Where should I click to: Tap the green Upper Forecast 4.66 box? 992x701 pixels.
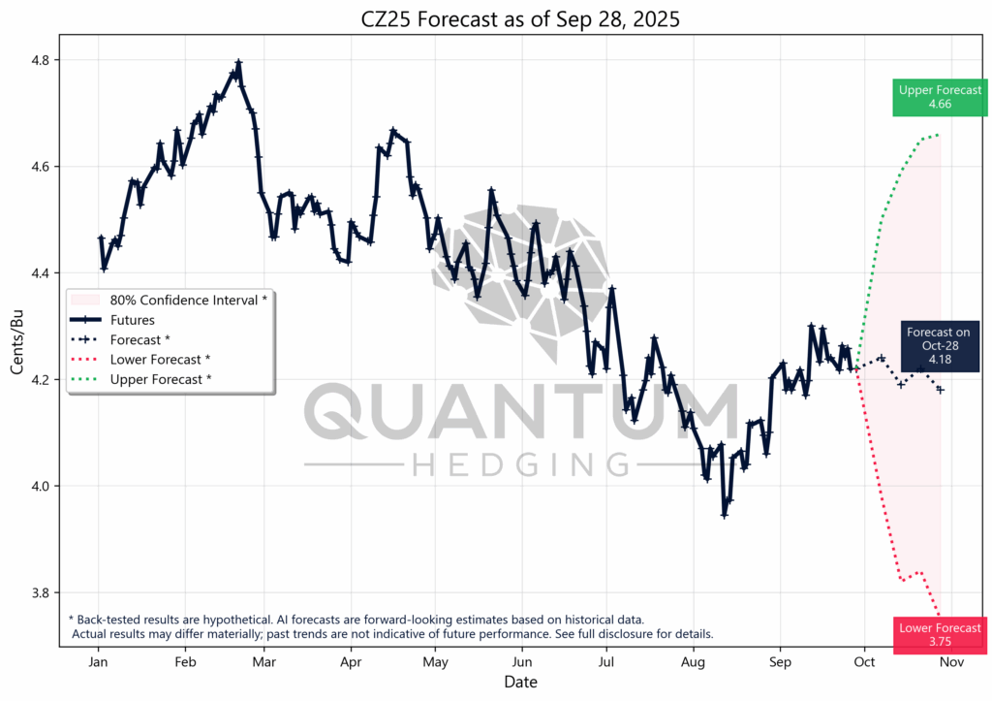tap(940, 97)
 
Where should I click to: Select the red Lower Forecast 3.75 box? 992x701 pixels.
tap(940, 634)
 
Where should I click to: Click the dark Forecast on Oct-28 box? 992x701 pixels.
tap(938, 346)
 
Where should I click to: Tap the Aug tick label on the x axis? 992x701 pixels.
tap(694, 663)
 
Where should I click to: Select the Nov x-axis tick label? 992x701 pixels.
tap(950, 663)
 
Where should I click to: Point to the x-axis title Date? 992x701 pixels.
tap(520, 683)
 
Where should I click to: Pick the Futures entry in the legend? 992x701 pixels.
tap(133, 320)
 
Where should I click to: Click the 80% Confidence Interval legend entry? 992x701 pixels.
tap(189, 301)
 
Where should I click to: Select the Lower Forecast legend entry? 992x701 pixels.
tap(161, 360)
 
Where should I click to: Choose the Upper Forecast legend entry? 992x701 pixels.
tap(161, 379)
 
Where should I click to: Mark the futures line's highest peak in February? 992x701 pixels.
tap(238, 63)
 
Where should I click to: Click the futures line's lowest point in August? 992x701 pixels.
tap(724, 515)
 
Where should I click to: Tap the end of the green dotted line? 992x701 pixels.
tap(939, 135)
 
